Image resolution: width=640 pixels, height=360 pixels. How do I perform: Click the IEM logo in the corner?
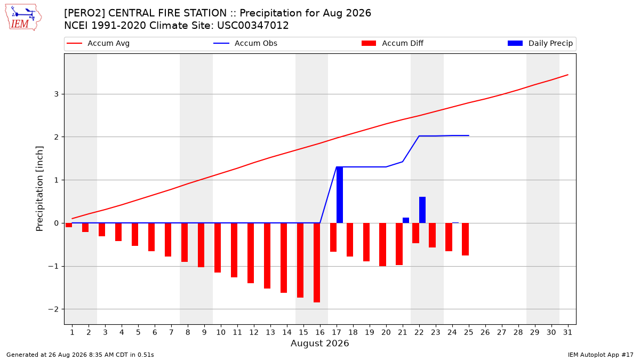point(23,17)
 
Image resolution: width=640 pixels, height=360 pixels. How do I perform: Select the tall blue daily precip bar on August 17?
point(339,195)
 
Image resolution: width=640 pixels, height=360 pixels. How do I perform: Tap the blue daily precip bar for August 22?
point(422,210)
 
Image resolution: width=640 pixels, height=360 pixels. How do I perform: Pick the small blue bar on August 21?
point(406,220)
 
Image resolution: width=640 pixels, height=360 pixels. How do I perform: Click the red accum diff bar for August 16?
point(317,262)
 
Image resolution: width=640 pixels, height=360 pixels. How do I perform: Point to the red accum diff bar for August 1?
point(69,225)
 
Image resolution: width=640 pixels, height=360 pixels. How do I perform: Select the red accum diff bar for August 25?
point(466,239)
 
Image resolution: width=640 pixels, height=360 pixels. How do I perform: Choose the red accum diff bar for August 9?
point(201,245)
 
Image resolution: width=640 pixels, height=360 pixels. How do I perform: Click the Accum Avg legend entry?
point(98,43)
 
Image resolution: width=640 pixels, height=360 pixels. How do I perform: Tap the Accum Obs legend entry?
point(245,43)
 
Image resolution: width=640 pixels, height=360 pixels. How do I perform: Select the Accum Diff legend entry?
point(393,43)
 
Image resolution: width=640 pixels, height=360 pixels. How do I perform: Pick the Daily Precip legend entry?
point(540,43)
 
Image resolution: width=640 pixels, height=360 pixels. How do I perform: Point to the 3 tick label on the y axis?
point(57,94)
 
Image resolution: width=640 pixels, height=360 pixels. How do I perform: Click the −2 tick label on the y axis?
point(53,309)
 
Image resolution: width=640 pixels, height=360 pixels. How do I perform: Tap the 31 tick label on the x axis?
point(567,332)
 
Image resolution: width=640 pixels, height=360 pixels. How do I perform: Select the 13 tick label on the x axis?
point(270,332)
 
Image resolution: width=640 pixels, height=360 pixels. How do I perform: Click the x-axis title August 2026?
point(319,343)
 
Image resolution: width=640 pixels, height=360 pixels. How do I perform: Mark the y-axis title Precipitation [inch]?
point(39,189)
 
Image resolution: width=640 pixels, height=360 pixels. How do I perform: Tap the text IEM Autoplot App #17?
point(601,355)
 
